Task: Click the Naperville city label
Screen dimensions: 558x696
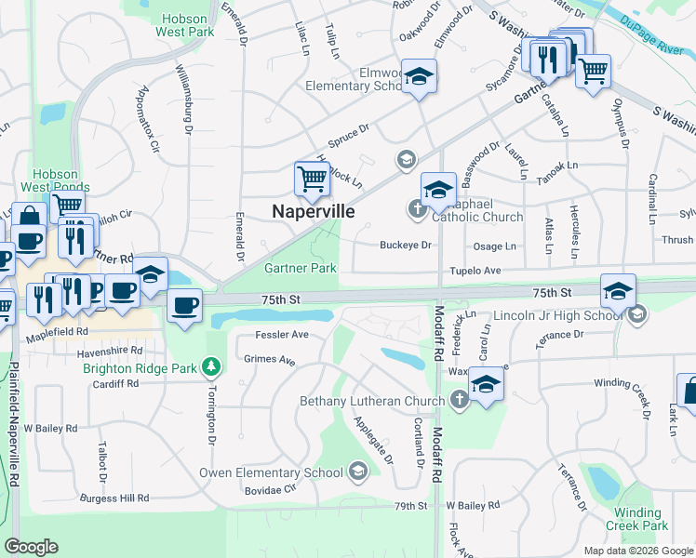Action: (x=313, y=212)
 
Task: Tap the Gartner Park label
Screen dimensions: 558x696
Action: (x=300, y=268)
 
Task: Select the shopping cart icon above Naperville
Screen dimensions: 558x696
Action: (x=312, y=178)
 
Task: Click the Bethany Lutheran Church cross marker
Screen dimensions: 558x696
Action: (x=458, y=401)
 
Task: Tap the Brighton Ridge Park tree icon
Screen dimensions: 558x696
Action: (x=213, y=368)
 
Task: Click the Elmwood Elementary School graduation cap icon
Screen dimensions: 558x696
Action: (x=419, y=77)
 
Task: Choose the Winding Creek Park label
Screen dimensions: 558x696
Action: (x=637, y=519)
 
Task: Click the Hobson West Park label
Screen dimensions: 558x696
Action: (x=187, y=25)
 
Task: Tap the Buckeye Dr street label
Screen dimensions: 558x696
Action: (x=406, y=246)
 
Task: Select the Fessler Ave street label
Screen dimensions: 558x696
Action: (x=282, y=335)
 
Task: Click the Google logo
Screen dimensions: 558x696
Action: (x=31, y=547)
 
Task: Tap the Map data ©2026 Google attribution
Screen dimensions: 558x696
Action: (x=637, y=551)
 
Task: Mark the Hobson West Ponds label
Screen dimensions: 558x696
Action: (x=62, y=180)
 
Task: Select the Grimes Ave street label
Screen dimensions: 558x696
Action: (x=269, y=360)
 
